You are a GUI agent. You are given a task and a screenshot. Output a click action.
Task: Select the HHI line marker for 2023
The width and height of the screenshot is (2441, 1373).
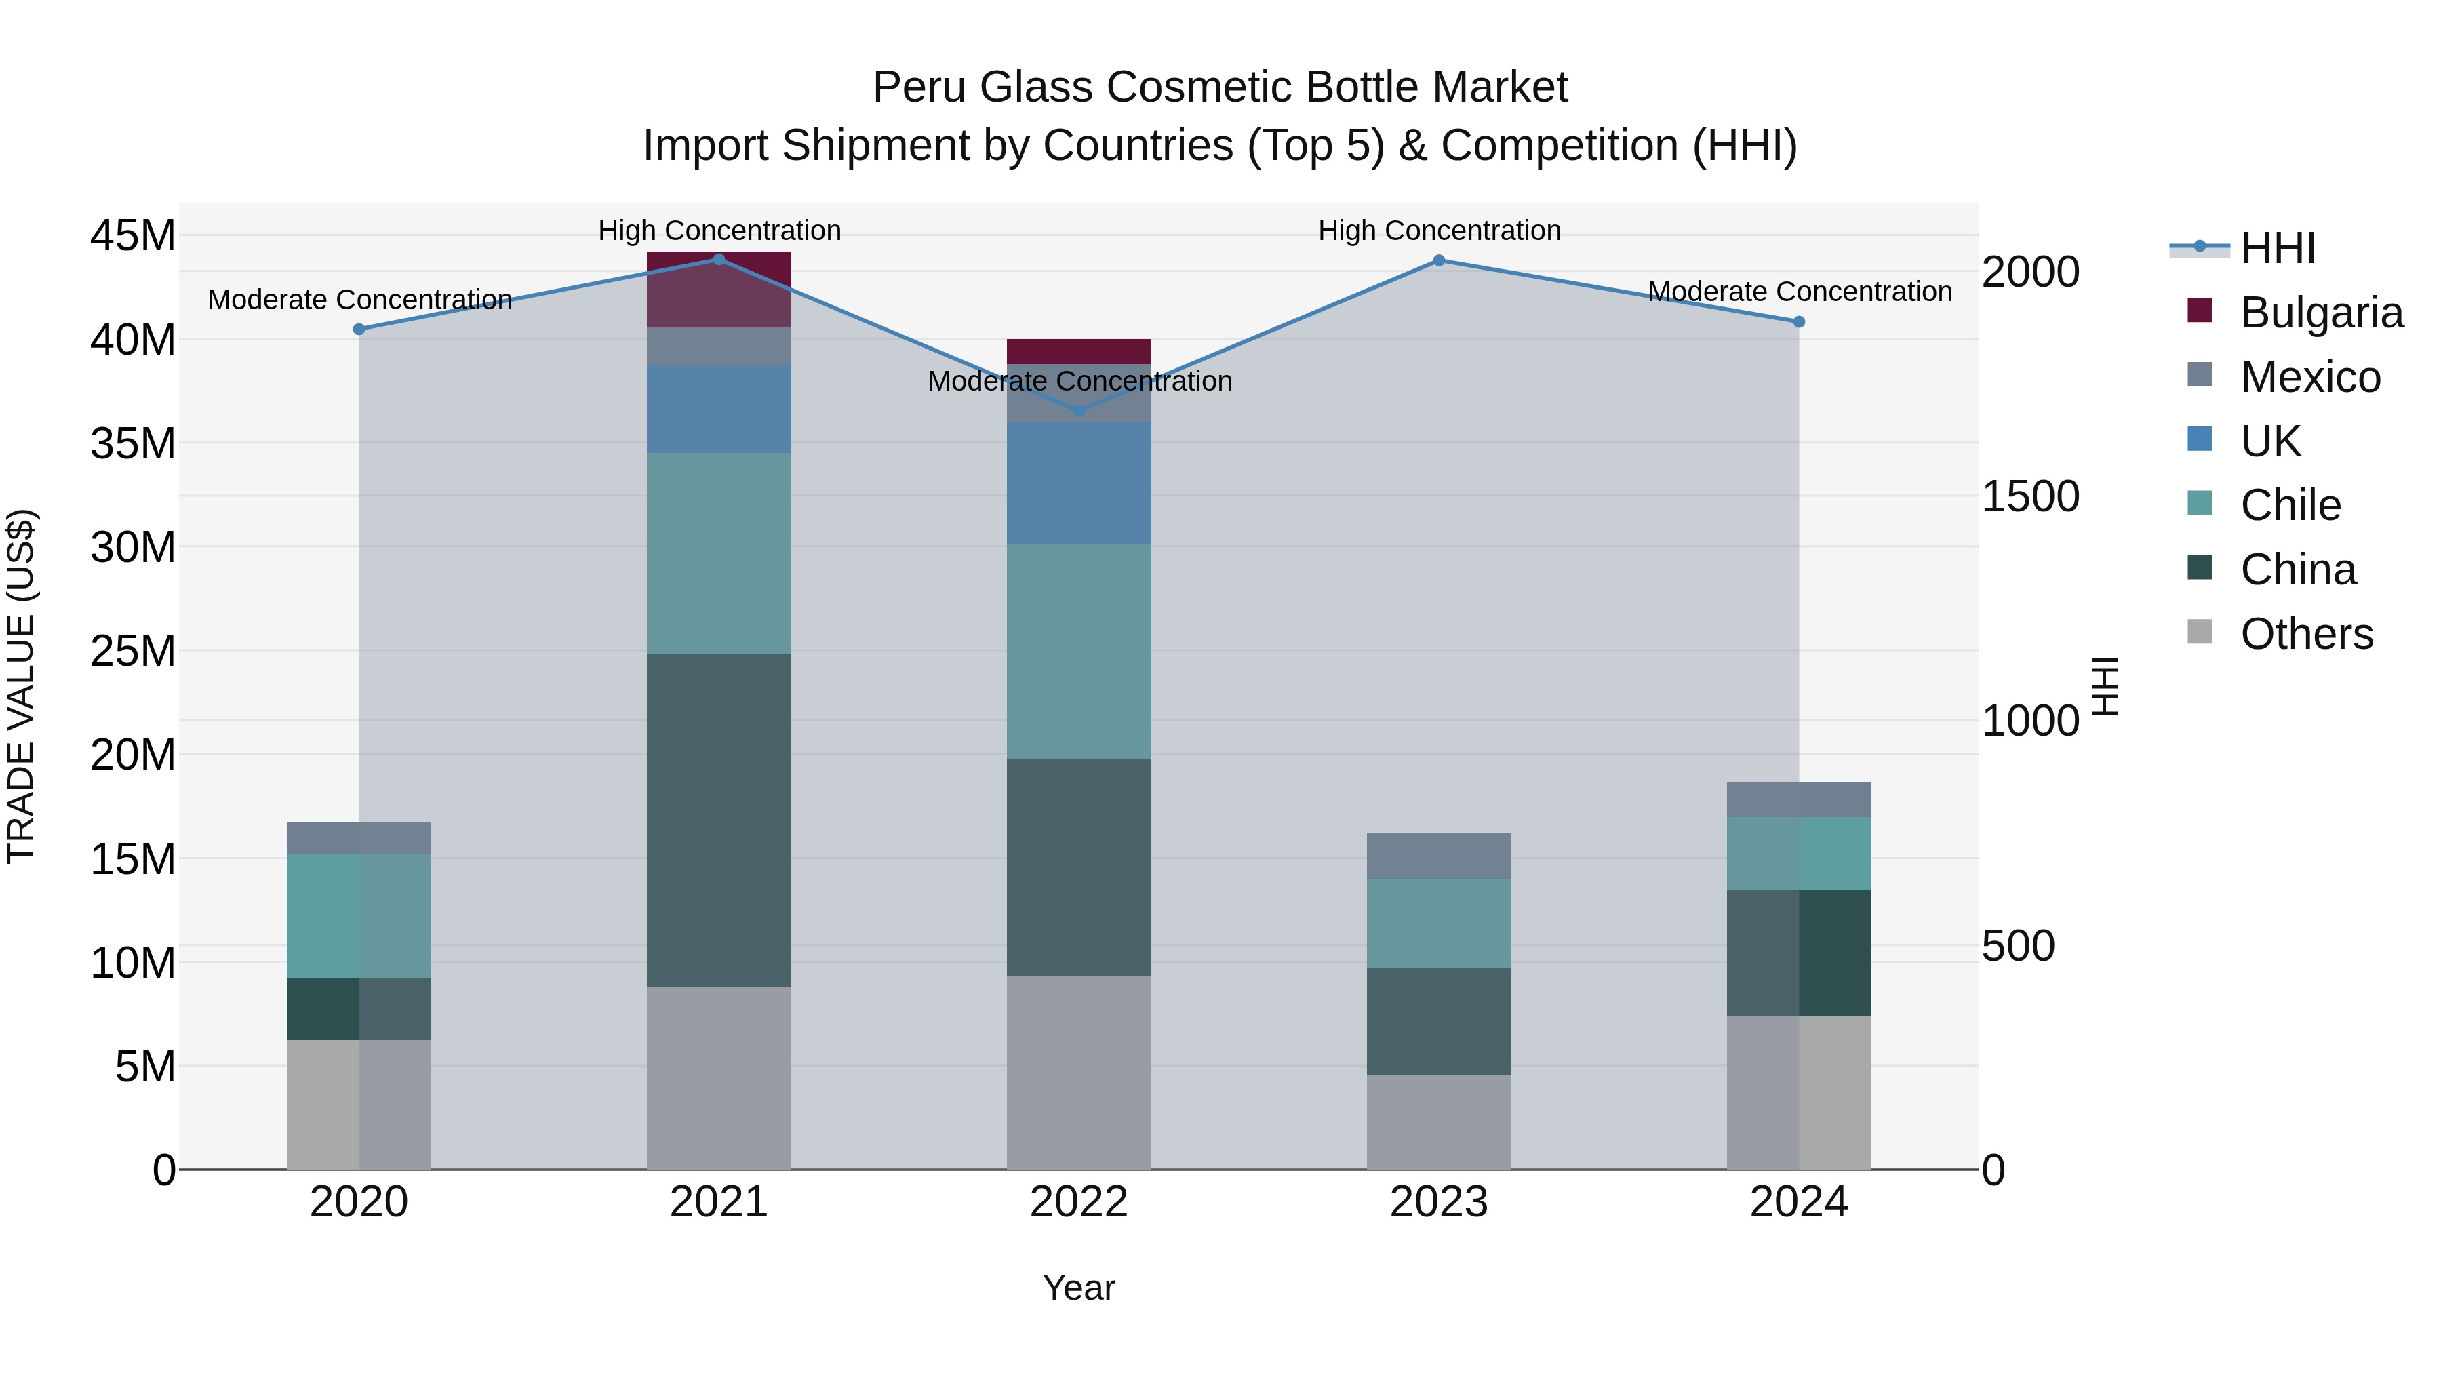1438,260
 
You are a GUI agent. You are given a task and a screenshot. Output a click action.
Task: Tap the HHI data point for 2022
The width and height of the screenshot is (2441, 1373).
1078,410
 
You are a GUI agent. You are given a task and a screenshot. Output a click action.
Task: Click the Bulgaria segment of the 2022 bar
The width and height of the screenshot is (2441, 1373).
1078,351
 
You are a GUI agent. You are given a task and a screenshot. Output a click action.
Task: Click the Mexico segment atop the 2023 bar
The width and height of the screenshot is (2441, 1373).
1438,856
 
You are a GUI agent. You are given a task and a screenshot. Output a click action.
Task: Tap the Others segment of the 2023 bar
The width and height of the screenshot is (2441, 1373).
1438,1122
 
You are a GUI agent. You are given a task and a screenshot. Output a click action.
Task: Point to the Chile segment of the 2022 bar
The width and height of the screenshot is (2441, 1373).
1078,651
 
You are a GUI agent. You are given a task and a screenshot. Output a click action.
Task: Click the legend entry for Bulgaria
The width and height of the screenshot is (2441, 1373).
2321,313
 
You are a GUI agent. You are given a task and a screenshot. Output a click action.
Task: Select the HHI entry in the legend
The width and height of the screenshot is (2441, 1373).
2277,248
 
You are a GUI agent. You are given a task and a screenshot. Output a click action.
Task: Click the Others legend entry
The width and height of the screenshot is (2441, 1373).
2307,634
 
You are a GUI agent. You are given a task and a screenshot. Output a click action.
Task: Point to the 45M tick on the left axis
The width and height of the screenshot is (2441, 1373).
133,235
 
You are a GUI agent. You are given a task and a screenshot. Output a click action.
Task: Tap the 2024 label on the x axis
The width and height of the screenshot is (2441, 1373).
1798,1202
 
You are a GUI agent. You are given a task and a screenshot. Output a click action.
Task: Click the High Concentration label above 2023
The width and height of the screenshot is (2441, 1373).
1438,231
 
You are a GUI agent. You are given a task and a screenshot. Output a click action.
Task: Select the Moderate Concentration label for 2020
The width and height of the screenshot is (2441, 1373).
359,300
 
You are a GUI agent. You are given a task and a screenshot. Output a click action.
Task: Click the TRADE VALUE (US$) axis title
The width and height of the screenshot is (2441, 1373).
21,686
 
